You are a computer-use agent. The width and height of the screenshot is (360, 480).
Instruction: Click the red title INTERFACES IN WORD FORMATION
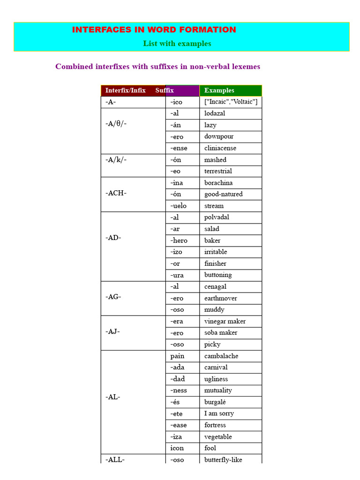click(x=154, y=30)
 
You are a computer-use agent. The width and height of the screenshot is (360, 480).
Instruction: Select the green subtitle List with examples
click(x=177, y=44)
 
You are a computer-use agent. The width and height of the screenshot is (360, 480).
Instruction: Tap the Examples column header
click(x=219, y=90)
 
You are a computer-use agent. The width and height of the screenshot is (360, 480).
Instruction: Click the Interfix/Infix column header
click(x=125, y=90)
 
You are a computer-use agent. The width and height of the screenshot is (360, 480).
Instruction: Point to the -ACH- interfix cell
click(x=116, y=193)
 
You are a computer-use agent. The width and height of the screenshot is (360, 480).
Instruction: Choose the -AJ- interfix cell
click(x=112, y=332)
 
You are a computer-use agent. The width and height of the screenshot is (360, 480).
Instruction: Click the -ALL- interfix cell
click(x=115, y=459)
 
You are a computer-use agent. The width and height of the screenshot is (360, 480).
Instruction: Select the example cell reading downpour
click(x=219, y=136)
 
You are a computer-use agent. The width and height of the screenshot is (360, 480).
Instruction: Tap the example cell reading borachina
click(x=218, y=182)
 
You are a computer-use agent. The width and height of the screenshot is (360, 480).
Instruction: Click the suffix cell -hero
click(x=179, y=240)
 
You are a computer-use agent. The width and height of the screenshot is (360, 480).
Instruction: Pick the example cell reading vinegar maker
click(x=225, y=321)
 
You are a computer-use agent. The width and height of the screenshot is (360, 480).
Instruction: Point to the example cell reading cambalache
click(x=221, y=356)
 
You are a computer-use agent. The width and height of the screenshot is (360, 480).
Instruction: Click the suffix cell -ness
click(x=179, y=390)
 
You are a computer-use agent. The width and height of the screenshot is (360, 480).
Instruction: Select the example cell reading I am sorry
click(x=219, y=413)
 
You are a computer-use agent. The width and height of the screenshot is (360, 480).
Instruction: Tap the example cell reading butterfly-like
click(x=223, y=460)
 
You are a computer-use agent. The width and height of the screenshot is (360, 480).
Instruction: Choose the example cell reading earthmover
click(x=221, y=298)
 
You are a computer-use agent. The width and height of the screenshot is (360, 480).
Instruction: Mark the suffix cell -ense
click(x=179, y=148)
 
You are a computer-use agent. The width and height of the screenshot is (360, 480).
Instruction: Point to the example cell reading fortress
click(x=215, y=425)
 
